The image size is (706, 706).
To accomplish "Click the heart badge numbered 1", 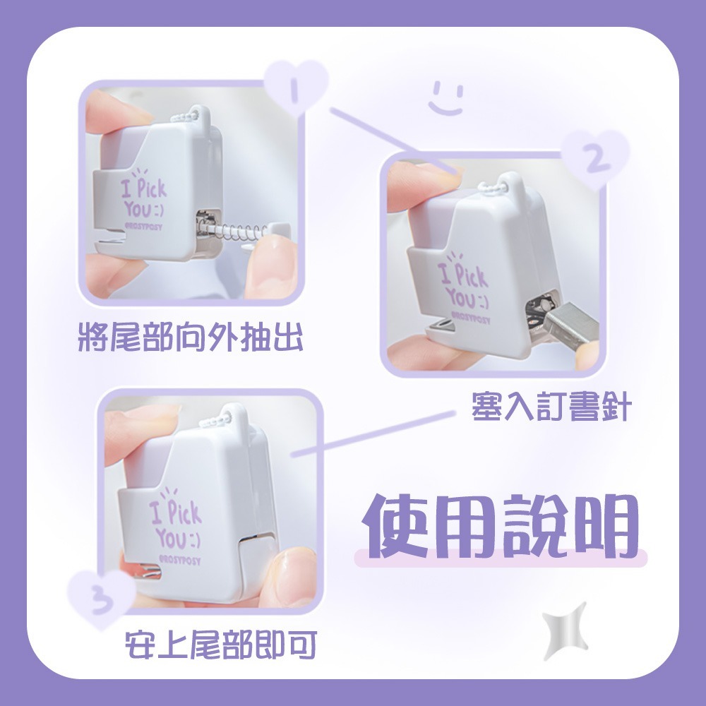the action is point(296,86).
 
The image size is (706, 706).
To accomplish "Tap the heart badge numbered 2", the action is point(595,157).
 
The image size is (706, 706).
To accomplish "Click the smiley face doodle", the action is point(445,98).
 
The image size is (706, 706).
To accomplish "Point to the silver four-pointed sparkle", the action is point(565,631).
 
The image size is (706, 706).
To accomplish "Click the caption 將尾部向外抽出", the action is point(191,336).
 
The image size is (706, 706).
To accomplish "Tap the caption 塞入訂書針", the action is point(551,407).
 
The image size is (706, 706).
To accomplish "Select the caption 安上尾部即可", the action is point(221,645).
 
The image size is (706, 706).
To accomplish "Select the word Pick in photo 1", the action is point(152,188).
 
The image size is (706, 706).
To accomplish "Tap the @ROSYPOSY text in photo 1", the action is point(143,227).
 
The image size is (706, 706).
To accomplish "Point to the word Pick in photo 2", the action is point(472,275).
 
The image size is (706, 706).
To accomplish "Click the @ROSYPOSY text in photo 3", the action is point(179,560).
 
